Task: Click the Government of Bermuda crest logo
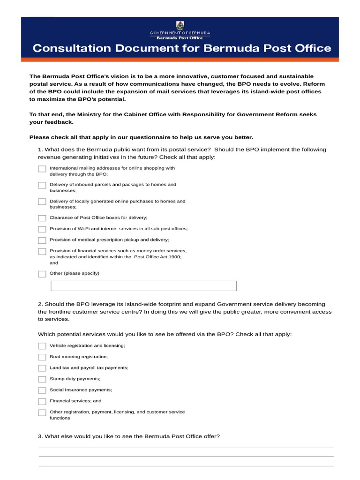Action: tap(180, 25)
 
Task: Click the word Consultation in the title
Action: tap(67, 48)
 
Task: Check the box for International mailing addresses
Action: tap(42, 169)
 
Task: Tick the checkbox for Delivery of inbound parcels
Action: tap(42, 186)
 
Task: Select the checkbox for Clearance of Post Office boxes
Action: tap(42, 218)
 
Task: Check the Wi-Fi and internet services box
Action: tap(42, 229)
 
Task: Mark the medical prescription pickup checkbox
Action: tap(42, 240)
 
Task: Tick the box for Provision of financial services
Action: tap(42, 252)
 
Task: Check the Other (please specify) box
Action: tap(42, 274)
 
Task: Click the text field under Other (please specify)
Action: tap(143, 286)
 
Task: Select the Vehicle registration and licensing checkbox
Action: tap(42, 346)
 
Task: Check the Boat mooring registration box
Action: tap(42, 357)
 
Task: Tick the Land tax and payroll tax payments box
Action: tap(42, 368)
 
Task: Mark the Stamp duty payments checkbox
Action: tap(42, 379)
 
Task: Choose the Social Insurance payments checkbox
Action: tap(42, 390)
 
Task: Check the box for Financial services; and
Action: tap(42, 401)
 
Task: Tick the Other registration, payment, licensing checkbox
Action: tap(42, 412)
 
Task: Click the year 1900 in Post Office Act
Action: tap(174, 257)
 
